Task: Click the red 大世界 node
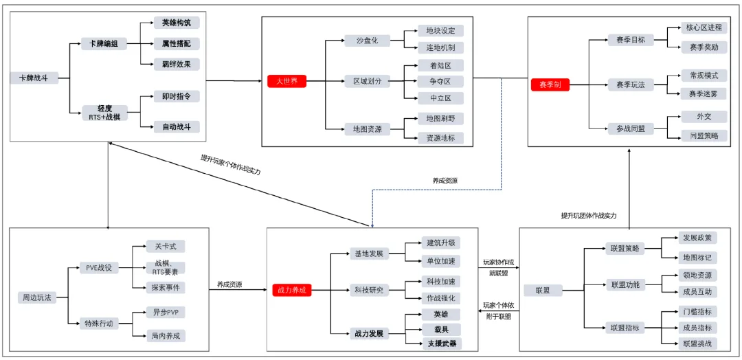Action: coord(286,81)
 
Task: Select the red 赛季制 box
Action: coord(550,85)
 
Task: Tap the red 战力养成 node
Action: coord(292,291)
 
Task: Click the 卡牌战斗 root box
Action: coord(34,78)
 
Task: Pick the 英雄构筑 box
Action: coord(177,23)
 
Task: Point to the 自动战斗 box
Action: coord(177,126)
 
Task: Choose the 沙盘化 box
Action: coord(367,41)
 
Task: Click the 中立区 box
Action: coord(440,98)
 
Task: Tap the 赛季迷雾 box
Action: coord(704,93)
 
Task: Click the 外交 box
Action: coord(704,117)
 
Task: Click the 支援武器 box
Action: coord(440,343)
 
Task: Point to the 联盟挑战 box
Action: coord(697,343)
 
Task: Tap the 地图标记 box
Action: coord(697,258)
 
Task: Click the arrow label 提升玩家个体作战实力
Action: coord(231,164)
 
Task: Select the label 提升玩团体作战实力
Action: coord(589,216)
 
